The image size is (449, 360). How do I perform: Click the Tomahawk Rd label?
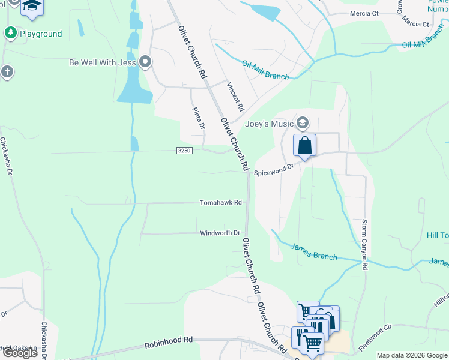pyautogui.click(x=221, y=203)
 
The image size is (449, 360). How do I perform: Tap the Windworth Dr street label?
pyautogui.click(x=220, y=233)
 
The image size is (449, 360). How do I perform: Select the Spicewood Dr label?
pyautogui.click(x=274, y=172)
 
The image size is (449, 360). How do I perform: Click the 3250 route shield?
pyautogui.click(x=184, y=151)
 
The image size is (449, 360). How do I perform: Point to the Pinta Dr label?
pyautogui.click(x=199, y=118)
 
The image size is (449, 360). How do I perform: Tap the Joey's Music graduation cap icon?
pyautogui.click(x=303, y=124)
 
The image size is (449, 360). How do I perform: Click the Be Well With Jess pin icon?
pyautogui.click(x=145, y=62)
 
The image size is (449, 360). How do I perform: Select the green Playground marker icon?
pyautogui.click(x=10, y=34)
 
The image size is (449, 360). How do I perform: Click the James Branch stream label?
pyautogui.click(x=314, y=251)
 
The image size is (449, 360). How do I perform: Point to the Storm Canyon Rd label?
pyautogui.click(x=364, y=245)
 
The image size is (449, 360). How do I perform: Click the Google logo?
pyautogui.click(x=19, y=353)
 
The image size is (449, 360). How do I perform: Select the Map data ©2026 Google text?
pyautogui.click(x=412, y=355)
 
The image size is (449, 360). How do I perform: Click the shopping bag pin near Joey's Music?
pyautogui.click(x=305, y=145)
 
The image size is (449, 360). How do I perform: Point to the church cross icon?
pyautogui.click(x=7, y=73)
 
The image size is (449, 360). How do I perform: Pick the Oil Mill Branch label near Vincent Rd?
pyautogui.click(x=265, y=70)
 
